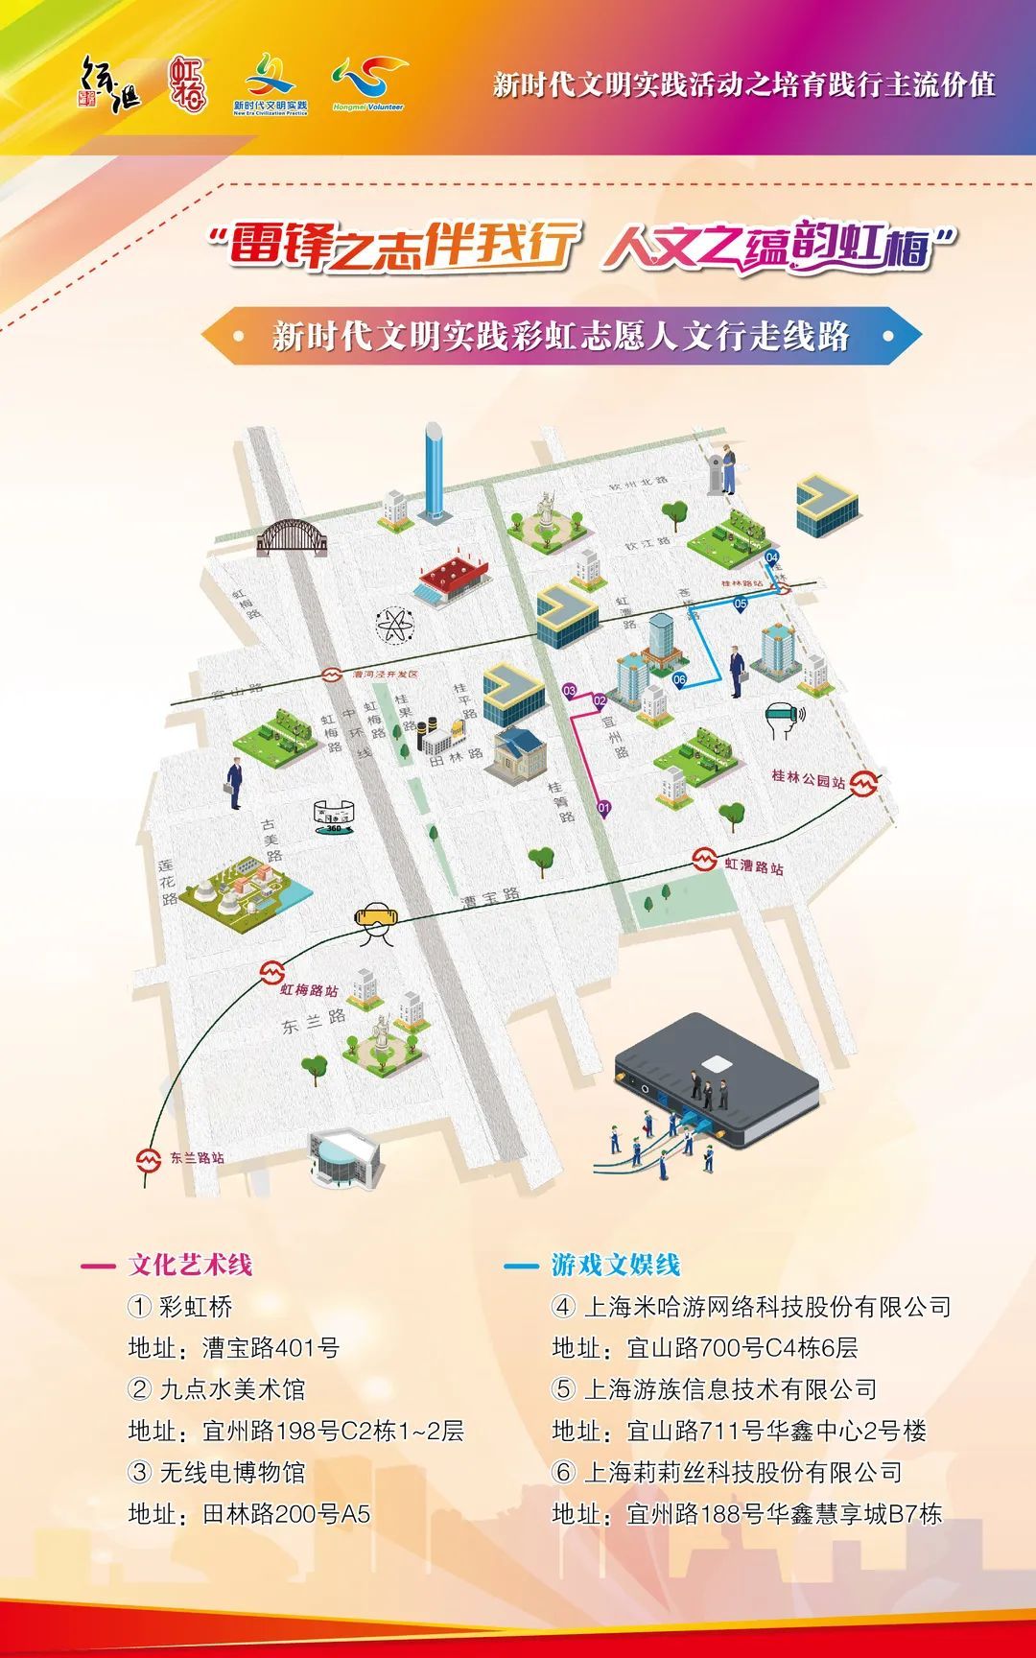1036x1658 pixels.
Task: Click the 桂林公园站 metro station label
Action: coord(809,779)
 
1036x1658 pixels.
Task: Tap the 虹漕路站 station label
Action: coord(753,866)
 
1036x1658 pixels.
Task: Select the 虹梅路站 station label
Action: coord(309,989)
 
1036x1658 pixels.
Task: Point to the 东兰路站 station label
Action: coord(197,1158)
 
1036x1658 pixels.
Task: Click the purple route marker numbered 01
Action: coord(603,808)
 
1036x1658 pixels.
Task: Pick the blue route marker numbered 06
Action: coord(679,679)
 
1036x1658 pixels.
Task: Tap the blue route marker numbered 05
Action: coord(740,604)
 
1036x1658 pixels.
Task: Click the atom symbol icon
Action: coord(395,627)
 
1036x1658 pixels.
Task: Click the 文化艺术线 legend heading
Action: coord(190,1265)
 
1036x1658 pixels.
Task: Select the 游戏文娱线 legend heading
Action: coord(615,1265)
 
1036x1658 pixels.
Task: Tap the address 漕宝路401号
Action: coord(271,1347)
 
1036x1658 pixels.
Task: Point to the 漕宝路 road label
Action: coord(490,898)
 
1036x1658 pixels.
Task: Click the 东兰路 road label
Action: coord(313,1021)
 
